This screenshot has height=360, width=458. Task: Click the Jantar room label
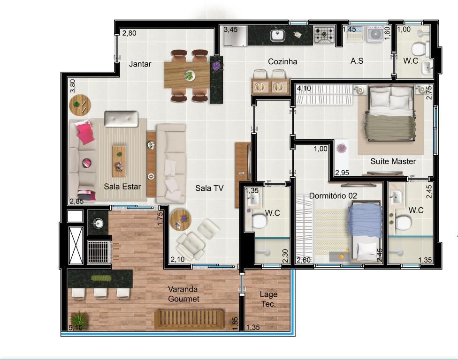click(x=140, y=64)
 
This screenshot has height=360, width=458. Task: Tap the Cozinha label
click(x=282, y=61)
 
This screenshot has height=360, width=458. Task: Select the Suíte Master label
click(x=393, y=161)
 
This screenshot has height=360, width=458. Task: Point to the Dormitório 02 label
click(x=333, y=196)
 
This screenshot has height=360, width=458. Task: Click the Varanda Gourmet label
click(x=183, y=294)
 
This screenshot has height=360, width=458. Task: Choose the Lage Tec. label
click(x=268, y=299)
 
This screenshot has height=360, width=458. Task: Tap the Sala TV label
click(x=209, y=188)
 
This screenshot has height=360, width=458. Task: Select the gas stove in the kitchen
click(x=324, y=35)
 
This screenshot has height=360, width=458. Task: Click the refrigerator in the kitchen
click(x=236, y=36)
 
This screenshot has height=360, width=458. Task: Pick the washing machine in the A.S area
click(x=375, y=34)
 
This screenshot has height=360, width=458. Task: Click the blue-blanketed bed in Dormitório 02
click(x=365, y=231)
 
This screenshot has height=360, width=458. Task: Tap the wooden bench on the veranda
click(x=189, y=319)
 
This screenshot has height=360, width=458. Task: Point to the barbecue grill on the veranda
click(x=100, y=251)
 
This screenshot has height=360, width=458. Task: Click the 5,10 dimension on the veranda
click(x=76, y=328)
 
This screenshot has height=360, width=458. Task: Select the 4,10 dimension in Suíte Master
click(x=304, y=88)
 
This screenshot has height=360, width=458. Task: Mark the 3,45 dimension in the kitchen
click(x=230, y=30)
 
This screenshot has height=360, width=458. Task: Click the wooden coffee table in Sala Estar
click(x=119, y=161)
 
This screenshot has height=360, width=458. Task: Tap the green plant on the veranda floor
click(x=79, y=319)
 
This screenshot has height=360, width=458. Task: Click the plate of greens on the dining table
click(x=189, y=76)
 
